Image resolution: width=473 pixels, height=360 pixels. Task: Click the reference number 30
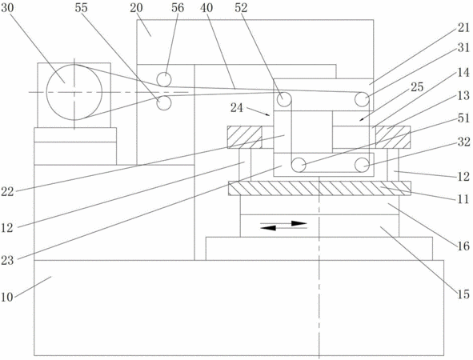point(7,8)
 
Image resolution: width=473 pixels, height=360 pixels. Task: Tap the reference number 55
point(81,8)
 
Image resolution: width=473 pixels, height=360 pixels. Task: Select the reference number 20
point(136,8)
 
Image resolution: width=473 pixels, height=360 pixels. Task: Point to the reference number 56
point(178,8)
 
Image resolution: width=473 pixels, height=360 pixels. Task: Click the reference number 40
point(206,8)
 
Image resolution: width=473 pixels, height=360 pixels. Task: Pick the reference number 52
point(241,8)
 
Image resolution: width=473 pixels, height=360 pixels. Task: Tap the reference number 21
point(463,28)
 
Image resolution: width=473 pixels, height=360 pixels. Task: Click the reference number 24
point(237,108)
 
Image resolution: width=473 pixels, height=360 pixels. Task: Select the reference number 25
point(417,87)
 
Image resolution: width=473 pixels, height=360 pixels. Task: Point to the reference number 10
point(7,297)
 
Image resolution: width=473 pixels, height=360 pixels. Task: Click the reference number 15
point(463,294)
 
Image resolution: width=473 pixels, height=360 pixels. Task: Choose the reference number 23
point(7,260)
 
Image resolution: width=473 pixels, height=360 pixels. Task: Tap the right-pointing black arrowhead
point(299,223)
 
